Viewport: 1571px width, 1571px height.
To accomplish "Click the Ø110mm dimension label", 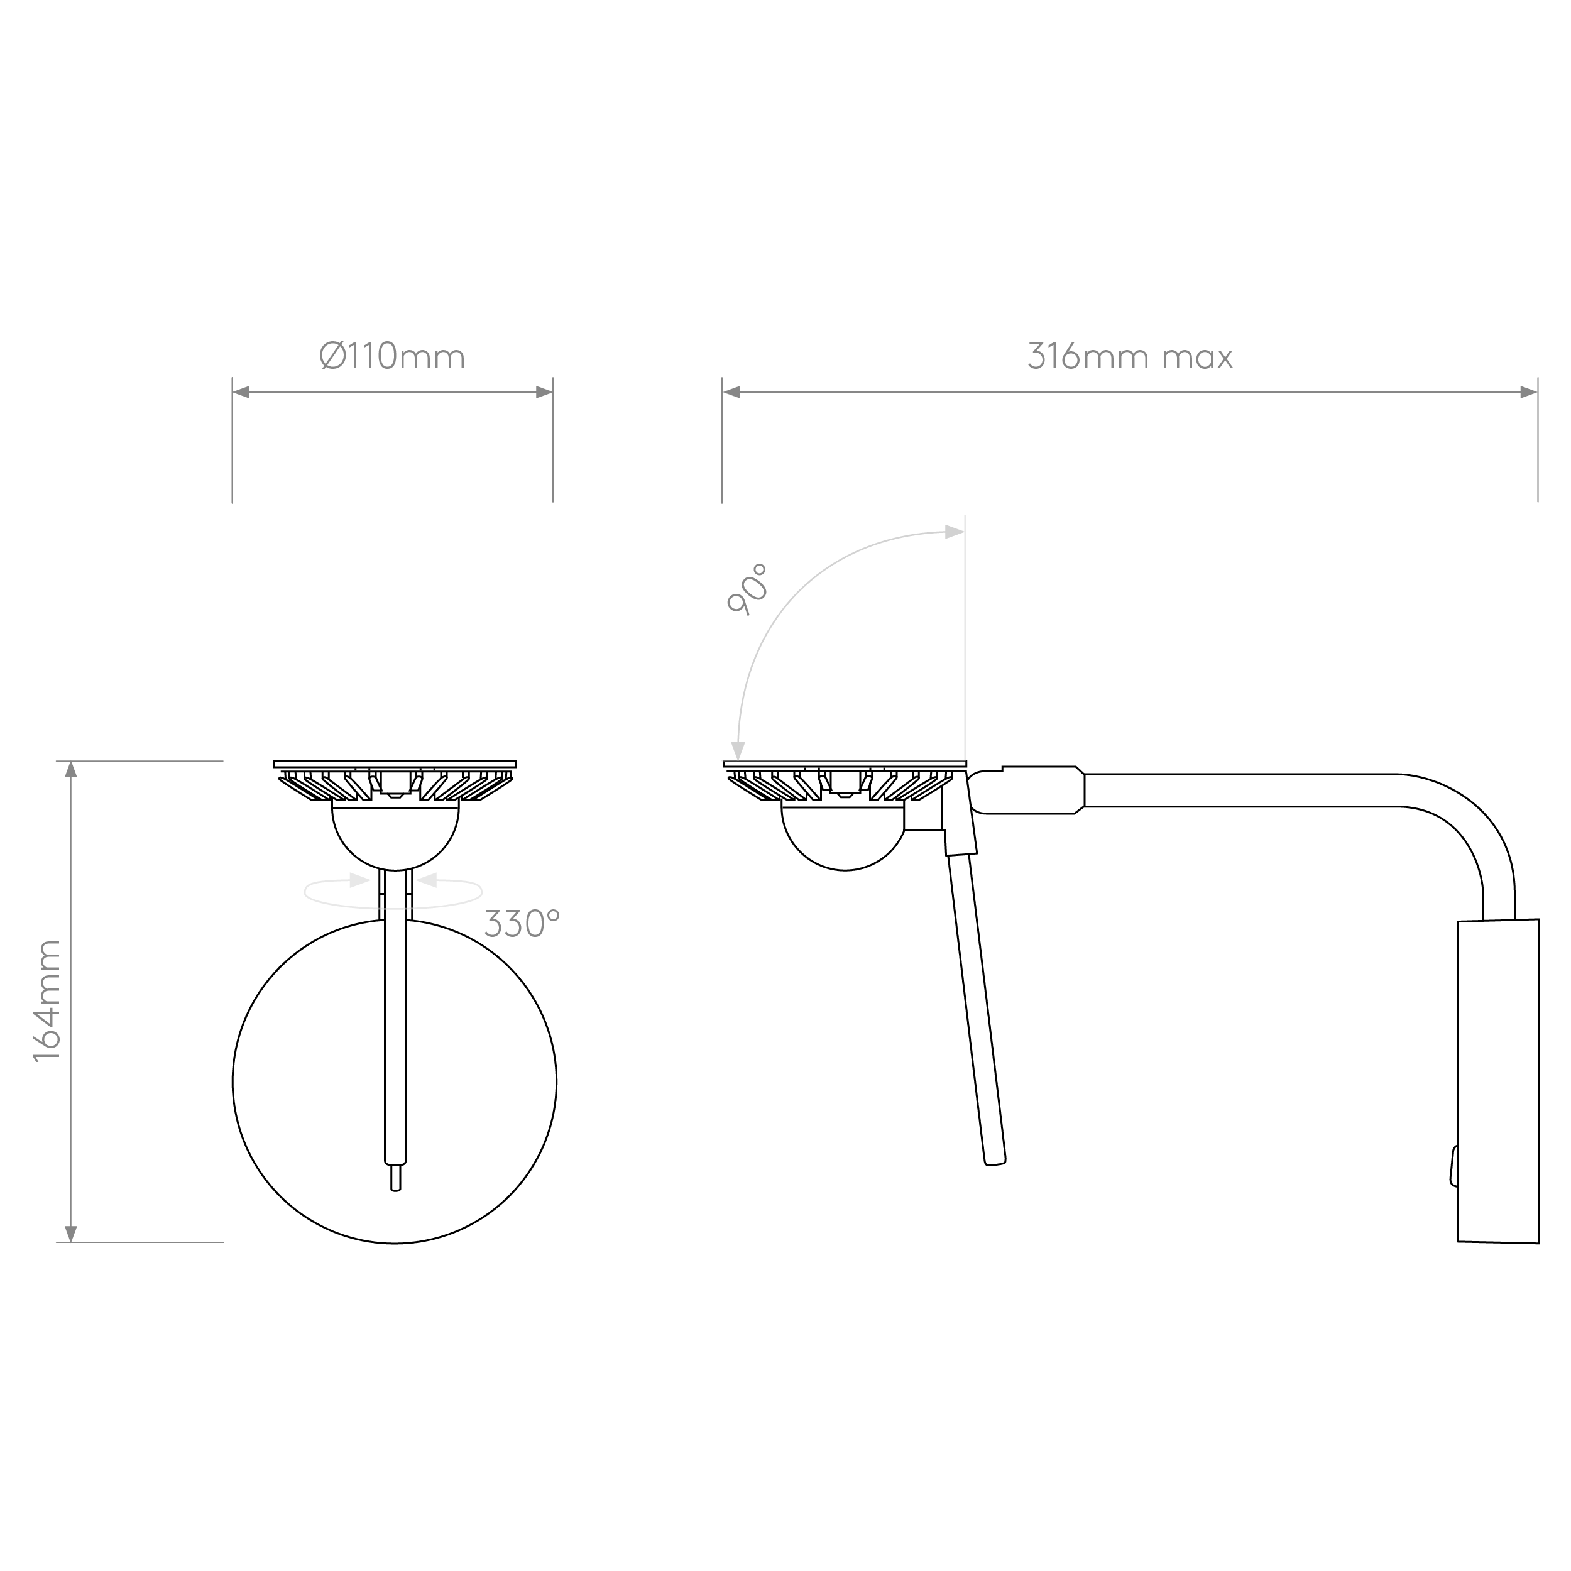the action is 393,356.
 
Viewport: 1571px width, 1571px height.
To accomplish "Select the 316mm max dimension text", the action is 1130,356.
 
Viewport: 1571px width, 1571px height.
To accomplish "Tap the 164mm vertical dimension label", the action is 47,1000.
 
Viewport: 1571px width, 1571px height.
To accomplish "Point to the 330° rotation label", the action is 522,924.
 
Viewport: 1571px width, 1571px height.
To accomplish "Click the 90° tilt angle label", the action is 747,589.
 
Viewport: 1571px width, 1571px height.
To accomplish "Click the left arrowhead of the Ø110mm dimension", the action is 241,392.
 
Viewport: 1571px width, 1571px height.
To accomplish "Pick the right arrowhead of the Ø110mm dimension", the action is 544,392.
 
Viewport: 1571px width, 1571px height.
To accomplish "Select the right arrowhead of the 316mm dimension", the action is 1529,392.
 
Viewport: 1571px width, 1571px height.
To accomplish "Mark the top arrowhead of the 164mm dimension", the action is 71,769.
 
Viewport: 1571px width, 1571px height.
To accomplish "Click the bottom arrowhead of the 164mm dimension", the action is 71,1234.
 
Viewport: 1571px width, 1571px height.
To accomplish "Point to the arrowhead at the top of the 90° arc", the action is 954,533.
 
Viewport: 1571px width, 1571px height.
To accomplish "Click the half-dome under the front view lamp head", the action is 395,838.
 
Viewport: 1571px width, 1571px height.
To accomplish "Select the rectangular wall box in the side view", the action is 1498,1081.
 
